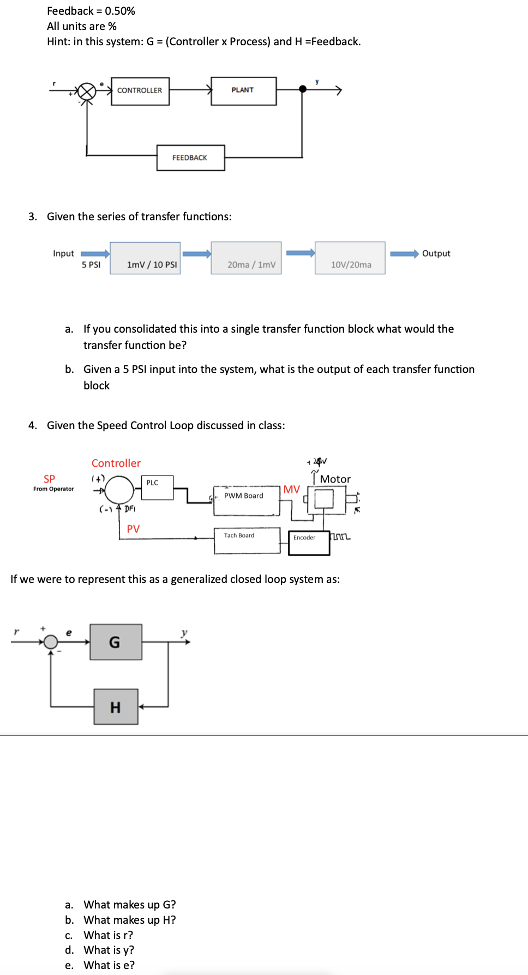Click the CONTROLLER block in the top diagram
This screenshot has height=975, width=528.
click(140, 91)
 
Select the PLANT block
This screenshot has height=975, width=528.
click(243, 91)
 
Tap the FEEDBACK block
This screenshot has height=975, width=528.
click(190, 158)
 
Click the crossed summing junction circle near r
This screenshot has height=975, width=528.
click(86, 92)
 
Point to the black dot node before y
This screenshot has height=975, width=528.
click(303, 89)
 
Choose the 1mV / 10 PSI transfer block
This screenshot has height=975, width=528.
click(145, 258)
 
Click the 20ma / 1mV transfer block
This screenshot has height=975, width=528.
click(246, 258)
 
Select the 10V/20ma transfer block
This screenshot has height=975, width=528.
click(350, 258)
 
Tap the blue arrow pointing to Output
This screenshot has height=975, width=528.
click(404, 254)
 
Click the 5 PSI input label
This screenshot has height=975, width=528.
click(91, 265)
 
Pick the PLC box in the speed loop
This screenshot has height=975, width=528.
click(157, 487)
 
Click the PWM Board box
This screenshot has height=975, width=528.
click(246, 501)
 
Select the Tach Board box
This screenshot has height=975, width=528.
click(247, 540)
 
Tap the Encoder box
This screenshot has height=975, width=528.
click(309, 543)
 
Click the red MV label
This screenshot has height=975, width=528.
click(291, 489)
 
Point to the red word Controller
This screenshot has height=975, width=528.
click(116, 463)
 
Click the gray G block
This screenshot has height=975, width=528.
click(116, 642)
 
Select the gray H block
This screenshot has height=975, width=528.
click(116, 707)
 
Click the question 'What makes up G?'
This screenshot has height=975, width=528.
click(129, 905)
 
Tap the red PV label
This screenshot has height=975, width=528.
click(133, 529)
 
